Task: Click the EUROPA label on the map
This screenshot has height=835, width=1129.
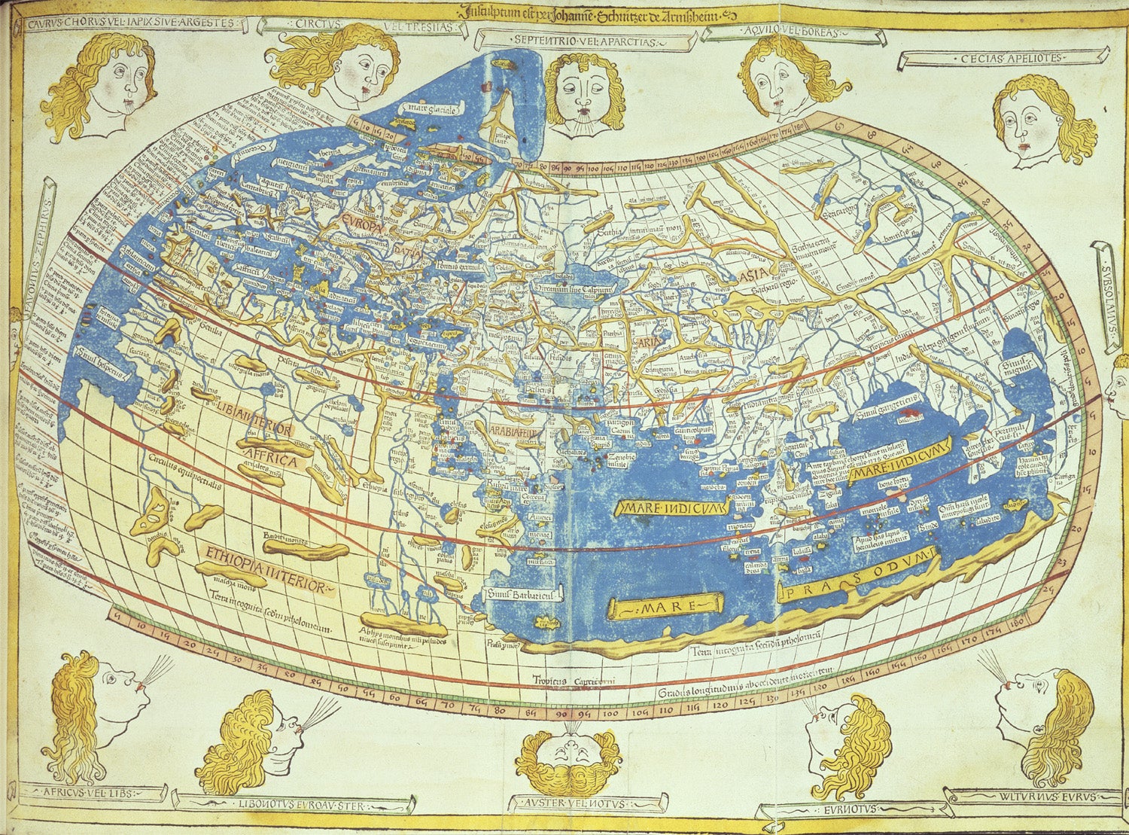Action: [x=362, y=220]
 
